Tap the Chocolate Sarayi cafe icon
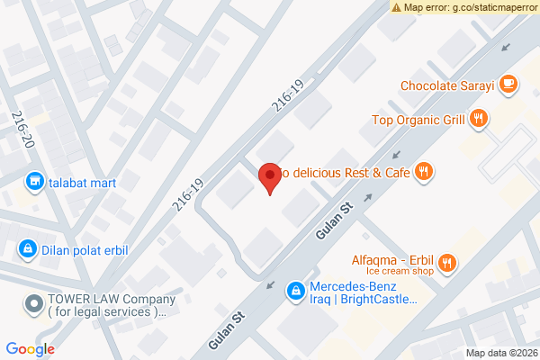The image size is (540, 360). point(508,84)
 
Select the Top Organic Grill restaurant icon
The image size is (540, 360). point(480,118)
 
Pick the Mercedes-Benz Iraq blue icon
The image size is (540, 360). point(294,291)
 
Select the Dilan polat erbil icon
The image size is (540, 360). point(28,247)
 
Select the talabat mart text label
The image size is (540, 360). point(84,182)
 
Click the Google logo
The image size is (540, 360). point(30,349)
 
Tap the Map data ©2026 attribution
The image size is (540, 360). point(500,352)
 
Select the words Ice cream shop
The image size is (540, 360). point(400,270)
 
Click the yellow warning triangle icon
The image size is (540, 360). point(397,7)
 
